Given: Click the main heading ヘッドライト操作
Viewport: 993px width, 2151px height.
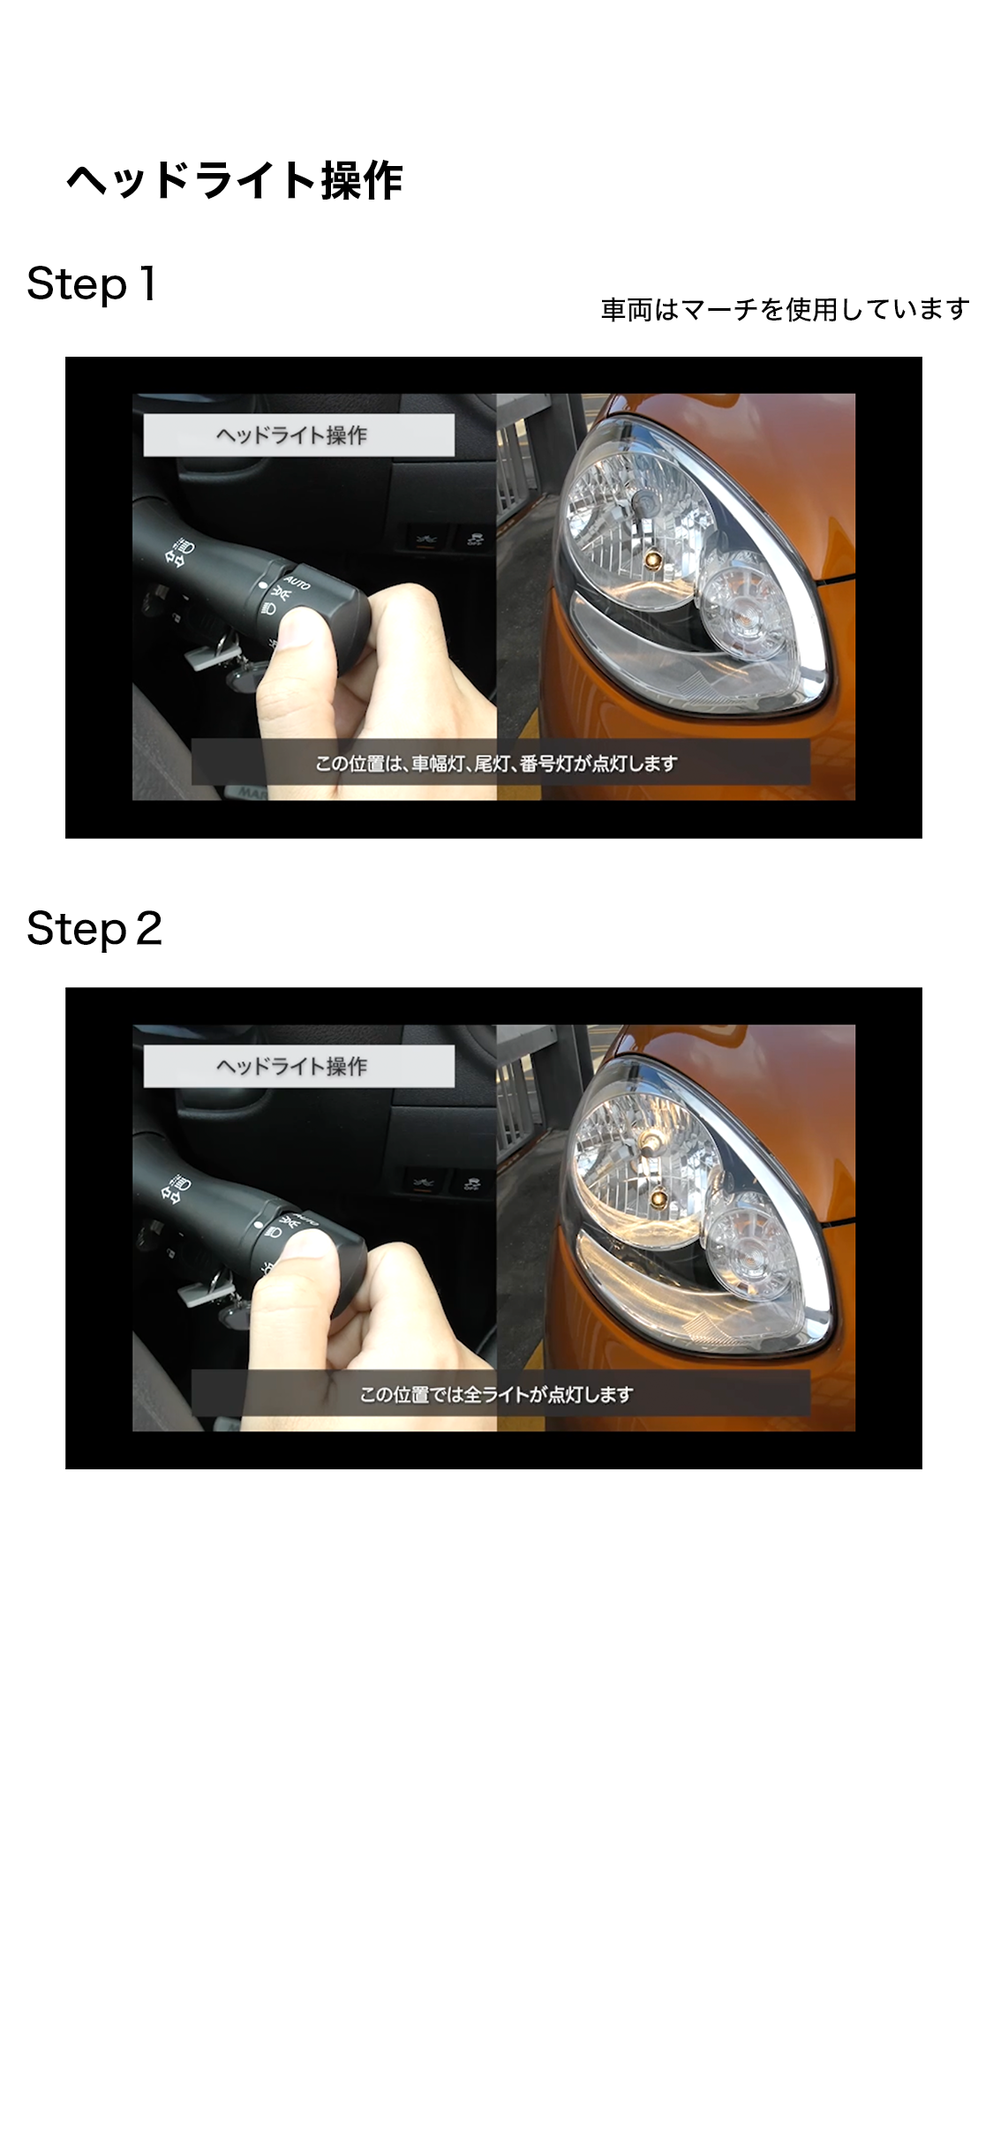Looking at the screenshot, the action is (x=234, y=181).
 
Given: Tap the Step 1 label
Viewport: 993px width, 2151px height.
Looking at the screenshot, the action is (x=92, y=284).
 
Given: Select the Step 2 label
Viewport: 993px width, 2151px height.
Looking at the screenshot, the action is (x=94, y=929).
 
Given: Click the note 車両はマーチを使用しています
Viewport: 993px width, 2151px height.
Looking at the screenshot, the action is (x=785, y=310).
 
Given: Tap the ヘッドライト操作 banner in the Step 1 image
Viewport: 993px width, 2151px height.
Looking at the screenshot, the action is (x=299, y=435).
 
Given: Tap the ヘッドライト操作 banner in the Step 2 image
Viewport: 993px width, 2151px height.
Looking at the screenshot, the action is (x=299, y=1067).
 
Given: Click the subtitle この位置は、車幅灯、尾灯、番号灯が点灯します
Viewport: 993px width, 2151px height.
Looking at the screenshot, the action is (x=497, y=763).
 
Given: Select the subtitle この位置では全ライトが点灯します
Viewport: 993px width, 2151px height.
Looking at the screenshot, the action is (x=497, y=1394).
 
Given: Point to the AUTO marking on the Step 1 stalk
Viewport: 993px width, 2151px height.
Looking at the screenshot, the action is (x=297, y=584).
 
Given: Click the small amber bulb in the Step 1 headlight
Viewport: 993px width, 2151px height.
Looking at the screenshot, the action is (x=654, y=562).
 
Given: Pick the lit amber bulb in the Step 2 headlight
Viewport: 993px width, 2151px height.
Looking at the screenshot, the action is (x=658, y=1198).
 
